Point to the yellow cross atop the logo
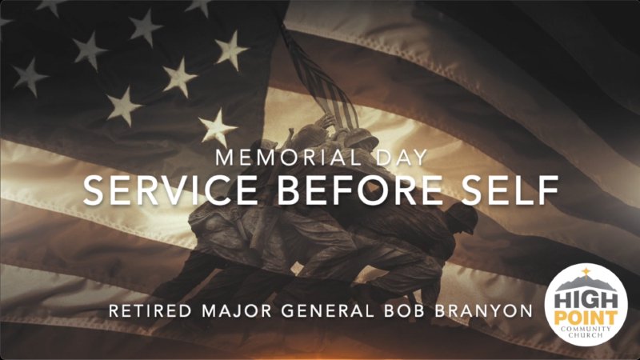click(x=585, y=272)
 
